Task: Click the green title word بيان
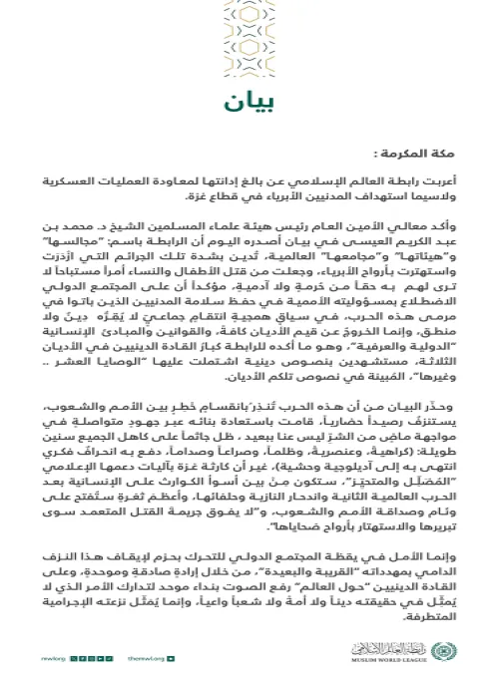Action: [249, 103]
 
